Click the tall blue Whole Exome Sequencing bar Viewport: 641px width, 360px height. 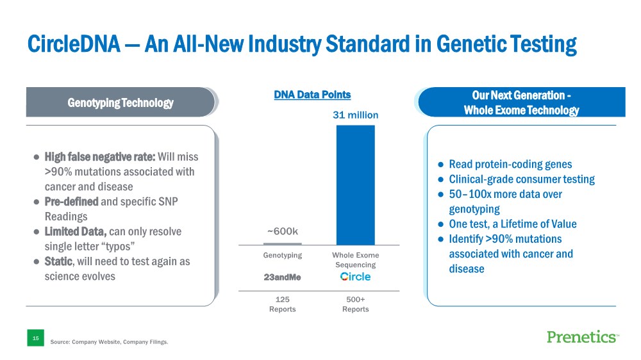click(355, 184)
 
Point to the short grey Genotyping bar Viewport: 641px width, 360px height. click(283, 243)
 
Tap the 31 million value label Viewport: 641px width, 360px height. click(355, 115)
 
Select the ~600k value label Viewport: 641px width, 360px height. click(283, 231)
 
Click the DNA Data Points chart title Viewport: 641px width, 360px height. click(312, 95)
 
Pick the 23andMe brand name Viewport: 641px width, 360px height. click(283, 277)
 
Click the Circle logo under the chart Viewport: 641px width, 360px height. click(355, 277)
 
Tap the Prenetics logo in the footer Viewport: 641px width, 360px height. click(582, 337)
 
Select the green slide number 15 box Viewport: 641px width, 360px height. click(35, 338)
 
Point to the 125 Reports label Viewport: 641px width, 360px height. click(283, 304)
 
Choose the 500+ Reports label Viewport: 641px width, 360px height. click(355, 304)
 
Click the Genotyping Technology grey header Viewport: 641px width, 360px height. click(121, 102)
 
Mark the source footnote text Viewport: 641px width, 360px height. click(109, 342)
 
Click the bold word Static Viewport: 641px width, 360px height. click(59, 262)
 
